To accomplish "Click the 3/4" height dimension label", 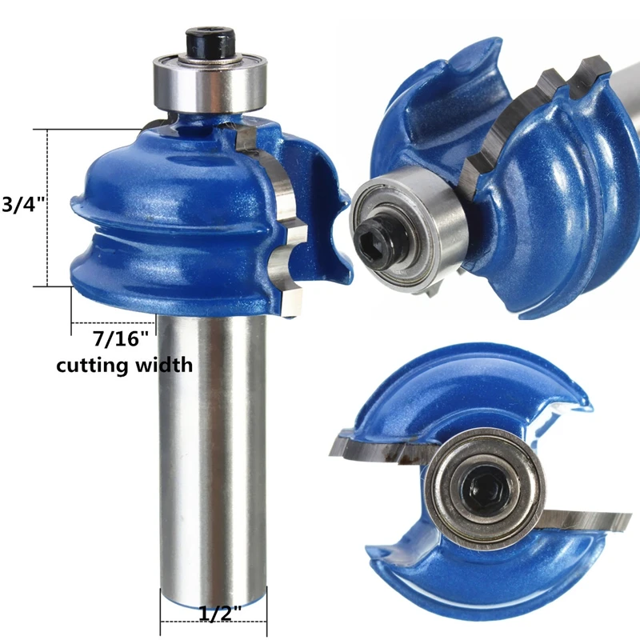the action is click(22, 204).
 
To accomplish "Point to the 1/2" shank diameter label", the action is click(220, 614).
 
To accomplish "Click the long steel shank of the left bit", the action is click(212, 453).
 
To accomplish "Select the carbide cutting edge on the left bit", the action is click(273, 221).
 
